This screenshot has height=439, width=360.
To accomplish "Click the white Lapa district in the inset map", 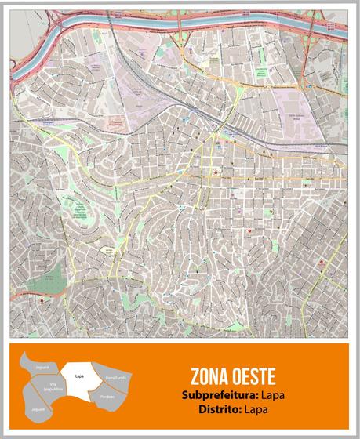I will tap(80, 376).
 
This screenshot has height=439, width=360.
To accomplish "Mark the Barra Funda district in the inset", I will tap(115, 378).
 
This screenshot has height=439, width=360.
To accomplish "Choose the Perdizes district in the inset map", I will tap(107, 397).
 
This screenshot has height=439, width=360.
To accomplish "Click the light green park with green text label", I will tap(78, 209).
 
